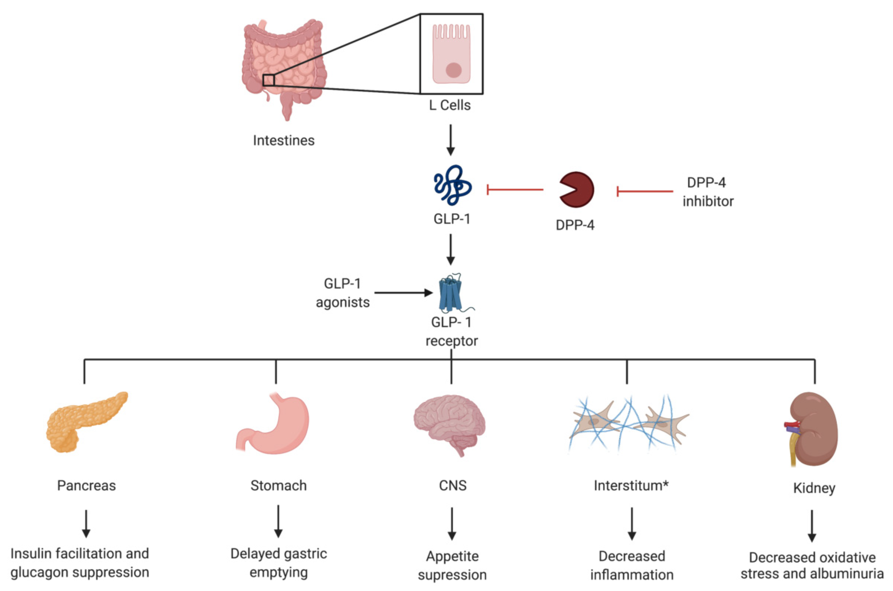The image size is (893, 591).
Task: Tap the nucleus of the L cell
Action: pos(453,70)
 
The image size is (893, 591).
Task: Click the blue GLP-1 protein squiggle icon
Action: pos(452,185)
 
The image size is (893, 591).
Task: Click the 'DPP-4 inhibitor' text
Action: pos(708,192)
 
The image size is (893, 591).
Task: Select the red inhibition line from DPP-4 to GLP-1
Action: pos(515,190)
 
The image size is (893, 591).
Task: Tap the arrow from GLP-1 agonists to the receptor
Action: pos(403,293)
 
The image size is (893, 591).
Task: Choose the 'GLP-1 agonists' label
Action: pos(343,293)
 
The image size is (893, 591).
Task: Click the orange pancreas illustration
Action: pos(87,422)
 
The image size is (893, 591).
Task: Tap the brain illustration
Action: pos(449,424)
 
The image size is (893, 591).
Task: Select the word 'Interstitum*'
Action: pos(631,485)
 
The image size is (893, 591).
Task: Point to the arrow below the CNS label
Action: pos(452,524)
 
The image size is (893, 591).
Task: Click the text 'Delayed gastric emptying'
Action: pos(279,563)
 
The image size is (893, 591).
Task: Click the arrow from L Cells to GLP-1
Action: pos(450,140)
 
